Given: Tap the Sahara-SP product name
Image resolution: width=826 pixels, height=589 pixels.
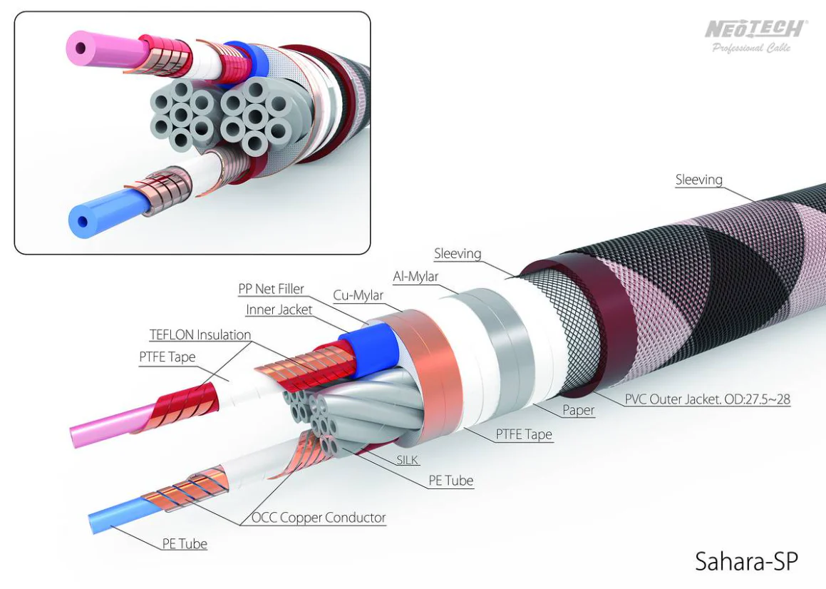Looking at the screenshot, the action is click(x=746, y=561).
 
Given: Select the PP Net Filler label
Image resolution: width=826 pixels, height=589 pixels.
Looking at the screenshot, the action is click(x=271, y=289).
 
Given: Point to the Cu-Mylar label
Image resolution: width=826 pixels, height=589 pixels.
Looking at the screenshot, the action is click(x=358, y=295).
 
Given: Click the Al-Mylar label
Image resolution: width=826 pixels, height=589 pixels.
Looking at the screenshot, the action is click(x=415, y=276).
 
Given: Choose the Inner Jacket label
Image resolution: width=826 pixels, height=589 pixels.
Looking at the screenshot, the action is click(x=279, y=309).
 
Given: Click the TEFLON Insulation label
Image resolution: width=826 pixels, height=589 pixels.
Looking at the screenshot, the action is click(x=200, y=335).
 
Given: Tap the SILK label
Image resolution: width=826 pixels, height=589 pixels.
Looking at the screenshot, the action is click(x=407, y=461).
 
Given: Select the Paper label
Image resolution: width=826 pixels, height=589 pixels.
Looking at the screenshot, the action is click(x=579, y=410).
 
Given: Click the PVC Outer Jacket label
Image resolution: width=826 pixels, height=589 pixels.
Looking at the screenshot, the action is click(x=708, y=399).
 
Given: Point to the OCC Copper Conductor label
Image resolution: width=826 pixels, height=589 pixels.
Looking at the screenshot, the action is click(x=319, y=518).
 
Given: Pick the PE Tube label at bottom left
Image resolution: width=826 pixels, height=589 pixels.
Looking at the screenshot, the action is click(x=185, y=543).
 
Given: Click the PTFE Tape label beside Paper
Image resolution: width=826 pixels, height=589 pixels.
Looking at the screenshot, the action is click(x=524, y=434).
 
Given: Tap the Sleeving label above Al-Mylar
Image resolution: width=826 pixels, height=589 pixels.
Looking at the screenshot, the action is click(x=458, y=254).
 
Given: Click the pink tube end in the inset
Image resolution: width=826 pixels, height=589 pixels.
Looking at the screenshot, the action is click(x=81, y=48).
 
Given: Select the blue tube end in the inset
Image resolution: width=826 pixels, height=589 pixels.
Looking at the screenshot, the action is click(x=82, y=222).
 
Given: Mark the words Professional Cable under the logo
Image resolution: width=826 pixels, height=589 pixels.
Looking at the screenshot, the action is click(x=752, y=48).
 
